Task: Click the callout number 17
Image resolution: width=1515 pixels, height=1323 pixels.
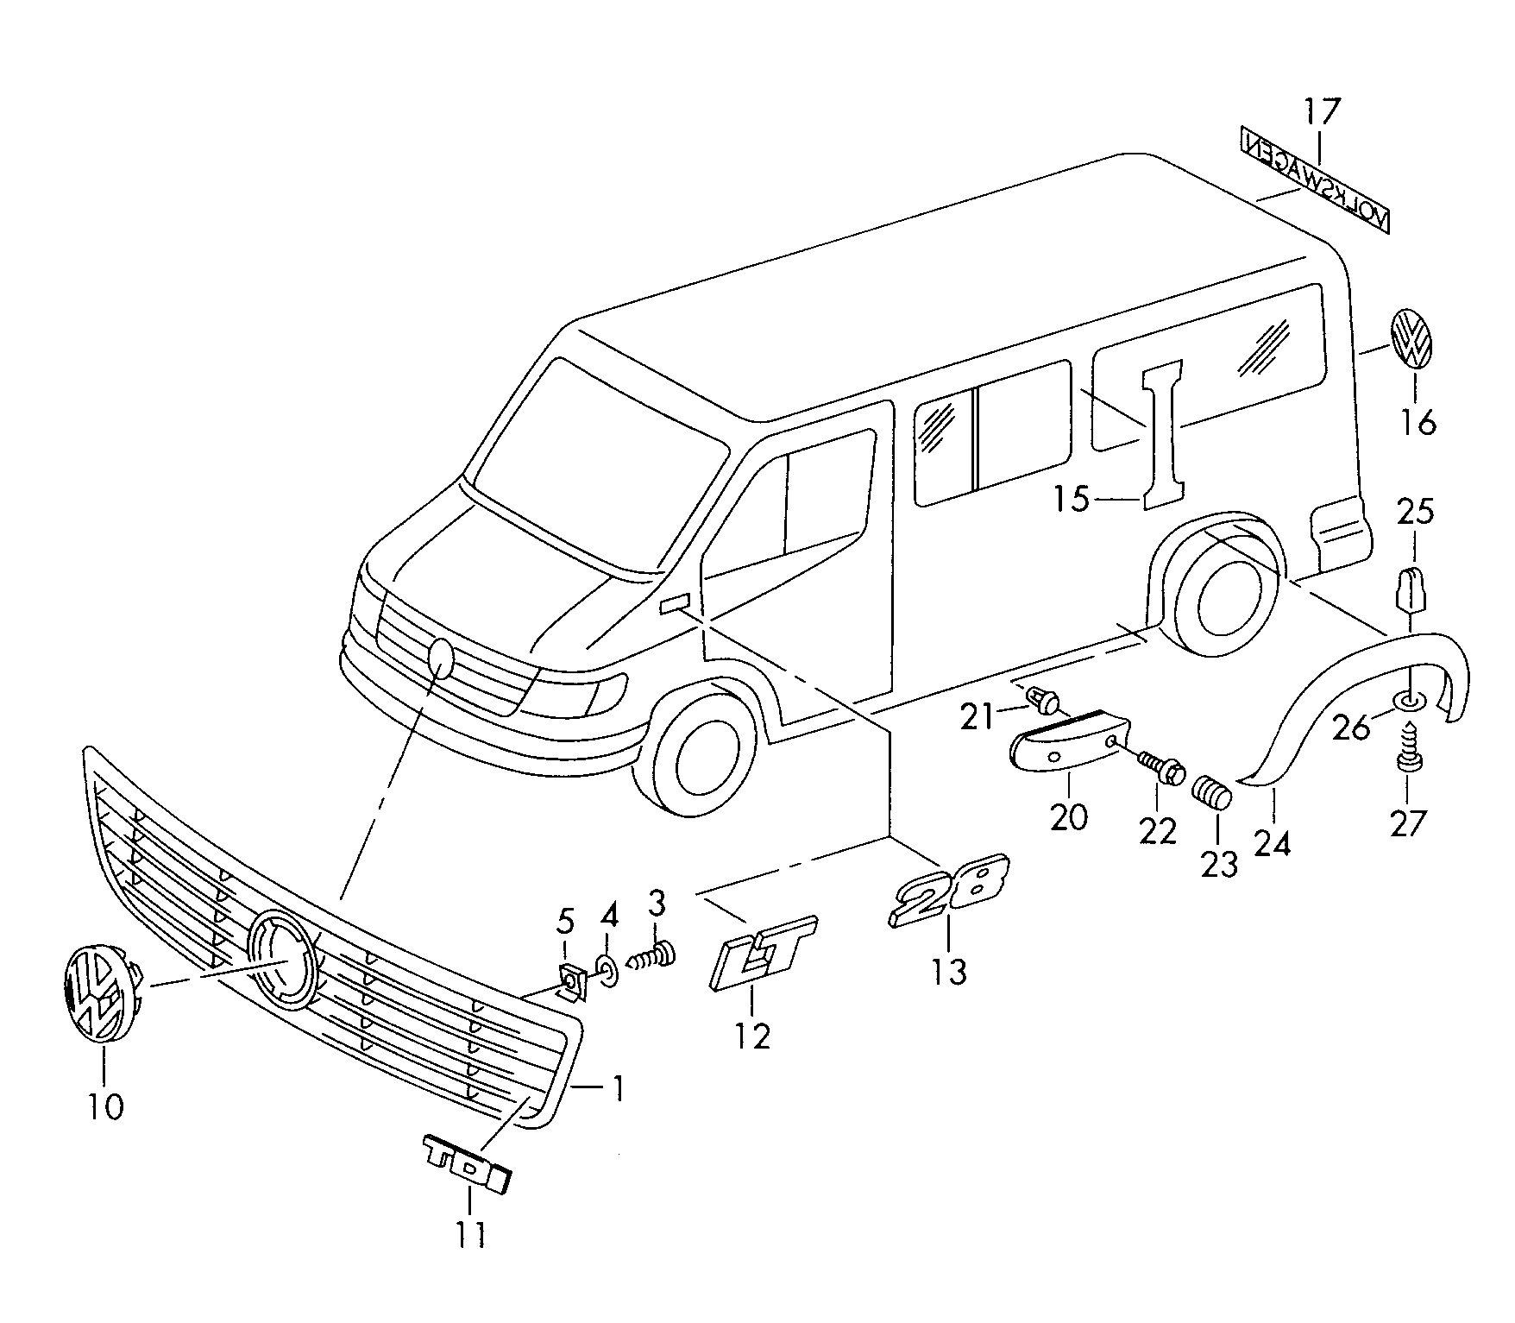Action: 1322,112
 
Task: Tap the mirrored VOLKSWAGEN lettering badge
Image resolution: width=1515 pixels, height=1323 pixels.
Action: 1315,179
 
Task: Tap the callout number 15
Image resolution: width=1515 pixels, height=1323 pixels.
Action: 1072,499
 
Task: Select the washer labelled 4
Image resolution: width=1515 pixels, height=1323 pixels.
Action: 607,970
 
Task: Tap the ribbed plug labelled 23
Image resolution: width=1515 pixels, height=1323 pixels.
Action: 1212,791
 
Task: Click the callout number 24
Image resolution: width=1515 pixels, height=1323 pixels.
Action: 1273,843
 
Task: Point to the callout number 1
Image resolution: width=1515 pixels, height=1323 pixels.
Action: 617,1088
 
